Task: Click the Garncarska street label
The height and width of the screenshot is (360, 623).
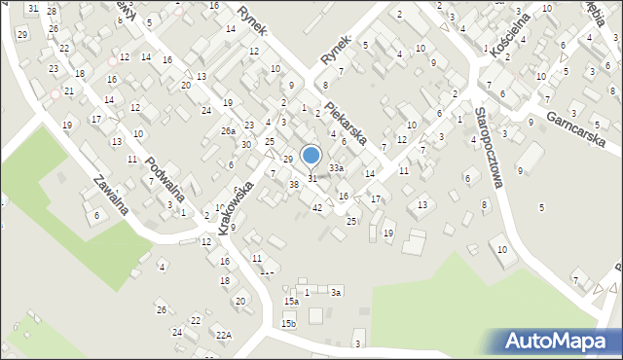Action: (x=577, y=131)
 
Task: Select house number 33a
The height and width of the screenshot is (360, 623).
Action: (x=336, y=168)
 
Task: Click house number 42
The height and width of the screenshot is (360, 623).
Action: (x=317, y=207)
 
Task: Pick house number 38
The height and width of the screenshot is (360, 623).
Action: (x=294, y=184)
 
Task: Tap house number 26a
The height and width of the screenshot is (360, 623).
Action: (x=228, y=131)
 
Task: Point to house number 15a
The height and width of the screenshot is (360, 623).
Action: (x=292, y=302)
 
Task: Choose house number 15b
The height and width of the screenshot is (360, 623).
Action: (x=288, y=323)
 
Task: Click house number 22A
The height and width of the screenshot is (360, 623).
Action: (x=224, y=335)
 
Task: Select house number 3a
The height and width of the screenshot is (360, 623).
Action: (x=336, y=292)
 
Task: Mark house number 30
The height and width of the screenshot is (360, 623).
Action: (x=246, y=144)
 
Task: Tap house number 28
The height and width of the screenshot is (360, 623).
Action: (x=53, y=12)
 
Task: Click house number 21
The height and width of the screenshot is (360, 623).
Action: (x=69, y=90)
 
